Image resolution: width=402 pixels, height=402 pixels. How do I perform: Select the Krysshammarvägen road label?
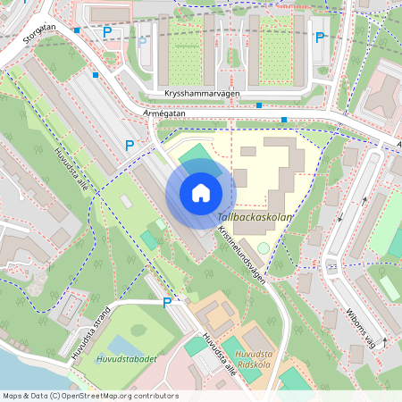click(204, 93)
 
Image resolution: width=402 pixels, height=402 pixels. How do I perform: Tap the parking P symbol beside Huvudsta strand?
click(166, 303)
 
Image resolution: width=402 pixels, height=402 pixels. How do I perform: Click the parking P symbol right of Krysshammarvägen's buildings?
click(319, 38)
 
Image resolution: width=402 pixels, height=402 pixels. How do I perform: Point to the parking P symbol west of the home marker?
click(130, 145)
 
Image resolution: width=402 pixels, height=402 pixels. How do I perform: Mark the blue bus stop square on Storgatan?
click(78, 30)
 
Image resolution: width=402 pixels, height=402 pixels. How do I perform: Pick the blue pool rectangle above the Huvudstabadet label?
click(122, 344)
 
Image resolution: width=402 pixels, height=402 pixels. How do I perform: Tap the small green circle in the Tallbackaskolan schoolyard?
click(264, 246)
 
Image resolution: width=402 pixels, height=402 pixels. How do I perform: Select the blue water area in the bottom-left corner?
click(13, 371)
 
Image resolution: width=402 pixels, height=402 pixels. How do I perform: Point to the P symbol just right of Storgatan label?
click(107, 32)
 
